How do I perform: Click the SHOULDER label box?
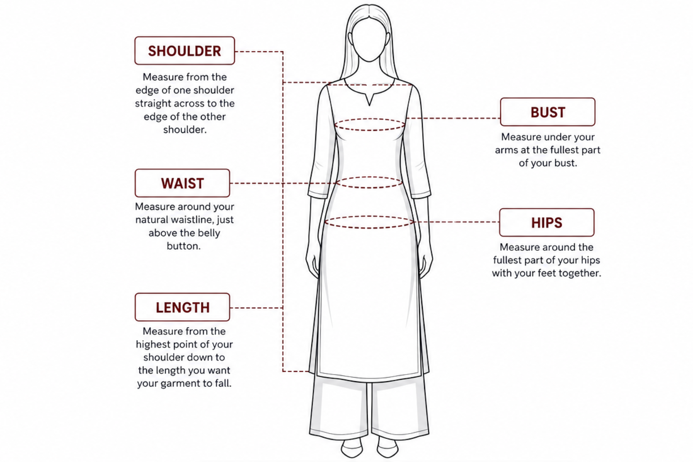pyautogui.click(x=185, y=51)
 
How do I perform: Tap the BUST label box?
pyautogui.click(x=548, y=112)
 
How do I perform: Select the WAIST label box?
pyautogui.click(x=182, y=183)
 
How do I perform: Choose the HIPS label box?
pyautogui.click(x=547, y=222)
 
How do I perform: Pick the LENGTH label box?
pyautogui.click(x=182, y=307)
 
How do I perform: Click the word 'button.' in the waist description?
pyautogui.click(x=184, y=246)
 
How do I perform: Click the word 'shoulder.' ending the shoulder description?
pyautogui.click(x=185, y=129)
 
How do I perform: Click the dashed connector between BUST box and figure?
pyautogui.click(x=453, y=118)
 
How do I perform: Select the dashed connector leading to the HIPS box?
pyautogui.click(x=456, y=222)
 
